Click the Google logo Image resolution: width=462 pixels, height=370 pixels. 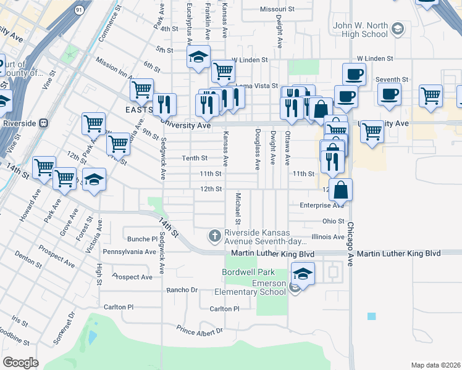20,363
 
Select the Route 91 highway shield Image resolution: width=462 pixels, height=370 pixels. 79,10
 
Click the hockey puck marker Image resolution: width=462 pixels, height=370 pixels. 94,179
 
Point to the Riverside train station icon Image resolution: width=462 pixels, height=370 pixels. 43,122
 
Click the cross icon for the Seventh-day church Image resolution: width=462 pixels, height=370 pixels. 214,235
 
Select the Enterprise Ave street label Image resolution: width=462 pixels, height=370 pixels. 321,205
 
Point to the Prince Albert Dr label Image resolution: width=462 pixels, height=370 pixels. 200,331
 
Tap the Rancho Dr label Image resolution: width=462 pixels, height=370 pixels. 182,289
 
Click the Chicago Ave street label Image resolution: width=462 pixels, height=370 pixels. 350,244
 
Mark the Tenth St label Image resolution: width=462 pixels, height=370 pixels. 194,158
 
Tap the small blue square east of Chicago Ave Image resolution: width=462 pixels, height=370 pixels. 371,316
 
